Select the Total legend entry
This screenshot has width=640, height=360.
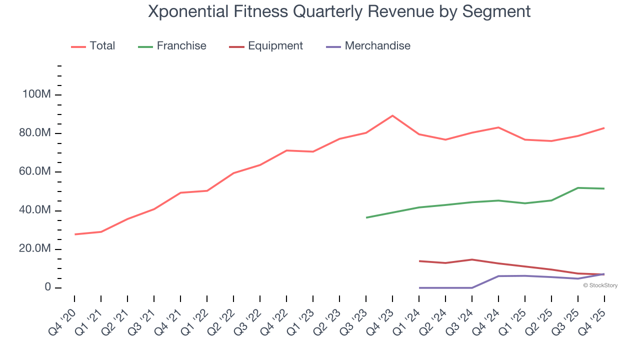102,46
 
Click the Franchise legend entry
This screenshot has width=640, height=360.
181,46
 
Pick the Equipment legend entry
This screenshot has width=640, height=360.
275,46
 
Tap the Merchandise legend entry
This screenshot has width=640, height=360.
377,46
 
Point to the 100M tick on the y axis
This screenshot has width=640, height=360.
36,95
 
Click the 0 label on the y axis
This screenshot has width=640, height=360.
48,287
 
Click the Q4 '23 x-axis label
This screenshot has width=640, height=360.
381,320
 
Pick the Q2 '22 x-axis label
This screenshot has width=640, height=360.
222,320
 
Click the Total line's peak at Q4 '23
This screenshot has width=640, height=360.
392,115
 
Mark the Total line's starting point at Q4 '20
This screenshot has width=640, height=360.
74,234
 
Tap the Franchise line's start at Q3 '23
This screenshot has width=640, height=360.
366,217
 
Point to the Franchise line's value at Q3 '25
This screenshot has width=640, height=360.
578,188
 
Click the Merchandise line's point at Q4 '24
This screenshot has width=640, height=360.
498,276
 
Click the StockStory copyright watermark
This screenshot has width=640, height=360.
600,285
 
